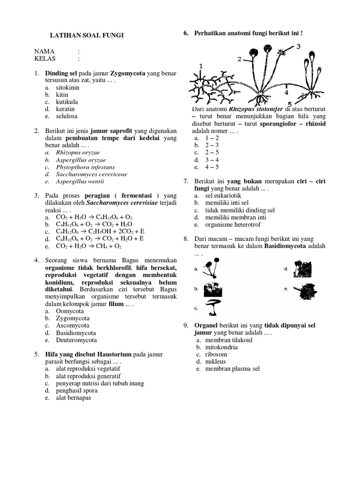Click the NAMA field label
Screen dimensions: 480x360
click(45, 51)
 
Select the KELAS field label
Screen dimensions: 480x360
click(45, 59)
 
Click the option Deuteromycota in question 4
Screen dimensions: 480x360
click(76, 340)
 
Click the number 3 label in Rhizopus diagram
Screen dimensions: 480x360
click(298, 45)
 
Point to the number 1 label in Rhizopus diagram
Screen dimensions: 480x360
click(201, 67)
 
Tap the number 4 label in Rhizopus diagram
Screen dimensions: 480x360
click(286, 92)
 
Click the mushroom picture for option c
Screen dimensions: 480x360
click(214, 308)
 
